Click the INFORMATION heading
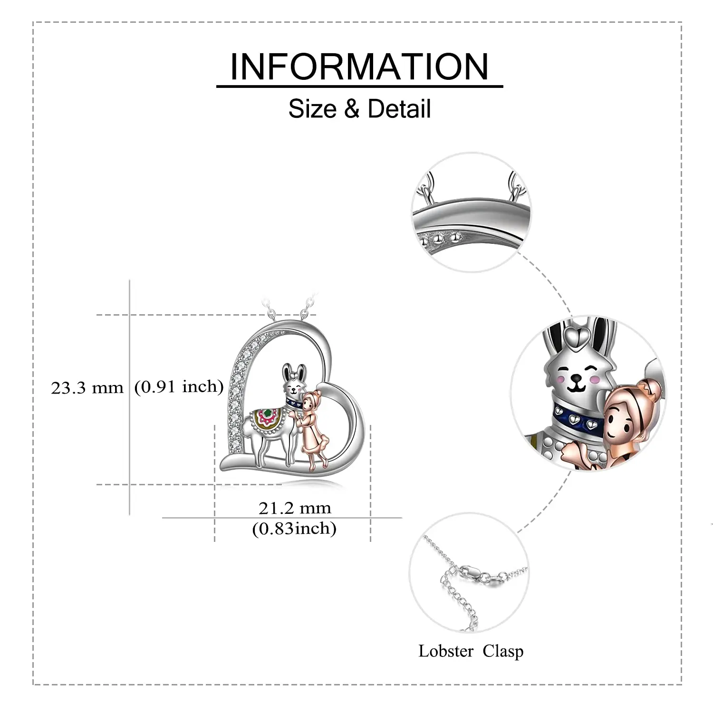pos(359,67)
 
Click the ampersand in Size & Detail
pos(352,109)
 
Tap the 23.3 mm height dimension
pos(87,388)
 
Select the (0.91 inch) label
pos(179,386)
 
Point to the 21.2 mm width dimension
pos(295,508)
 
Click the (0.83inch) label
pos(294,528)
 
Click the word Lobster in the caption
pos(446,651)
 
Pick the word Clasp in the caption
pos(503,651)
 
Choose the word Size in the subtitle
pos(312,109)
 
